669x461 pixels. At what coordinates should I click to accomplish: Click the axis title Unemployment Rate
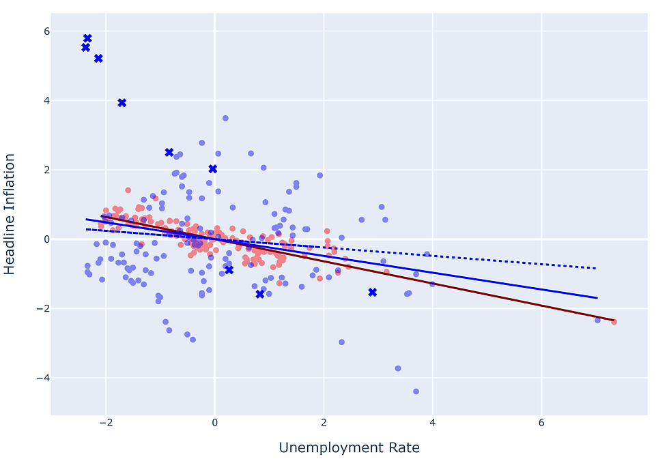tap(349, 448)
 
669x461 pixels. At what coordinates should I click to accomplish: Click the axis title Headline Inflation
tap(10, 213)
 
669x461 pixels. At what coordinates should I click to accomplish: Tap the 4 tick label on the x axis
tap(432, 423)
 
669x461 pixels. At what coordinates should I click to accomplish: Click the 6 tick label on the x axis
tap(541, 423)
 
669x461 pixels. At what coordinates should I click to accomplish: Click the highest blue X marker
tap(87, 38)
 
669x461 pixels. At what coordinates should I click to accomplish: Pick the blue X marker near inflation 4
tap(122, 102)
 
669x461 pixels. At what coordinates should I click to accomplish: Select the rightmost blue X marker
tap(373, 292)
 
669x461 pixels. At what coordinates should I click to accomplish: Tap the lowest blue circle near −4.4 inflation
tap(416, 391)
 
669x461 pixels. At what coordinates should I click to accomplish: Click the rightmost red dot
tap(614, 321)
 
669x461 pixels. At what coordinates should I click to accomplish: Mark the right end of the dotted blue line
tap(596, 268)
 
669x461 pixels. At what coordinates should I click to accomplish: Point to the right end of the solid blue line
tap(597, 298)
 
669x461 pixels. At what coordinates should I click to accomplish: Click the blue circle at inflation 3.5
tap(225, 118)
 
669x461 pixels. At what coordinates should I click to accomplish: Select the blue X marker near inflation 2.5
tap(169, 152)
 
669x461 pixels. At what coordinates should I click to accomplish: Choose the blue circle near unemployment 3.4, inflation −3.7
tap(398, 368)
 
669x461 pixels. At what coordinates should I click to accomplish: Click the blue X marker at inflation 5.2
tap(98, 59)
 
